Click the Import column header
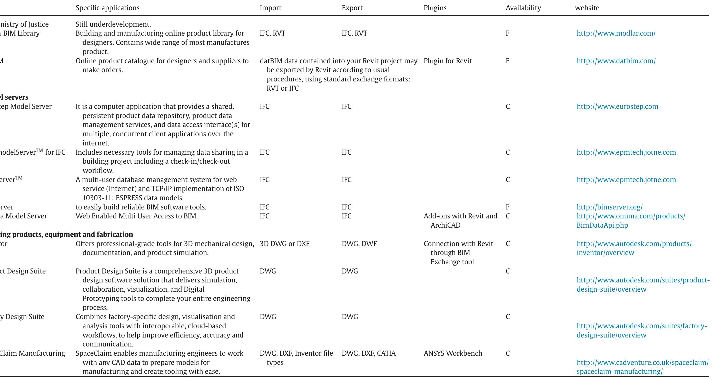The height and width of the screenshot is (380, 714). pyautogui.click(x=270, y=8)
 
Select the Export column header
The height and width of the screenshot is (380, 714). pyautogui.click(x=352, y=8)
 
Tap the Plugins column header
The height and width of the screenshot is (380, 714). pyautogui.click(x=435, y=8)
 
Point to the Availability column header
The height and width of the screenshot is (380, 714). pyautogui.click(x=523, y=8)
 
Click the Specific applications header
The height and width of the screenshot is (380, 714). pyautogui.click(x=107, y=8)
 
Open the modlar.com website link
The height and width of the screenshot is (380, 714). pyautogui.click(x=616, y=33)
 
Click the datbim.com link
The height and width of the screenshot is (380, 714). pyautogui.click(x=616, y=61)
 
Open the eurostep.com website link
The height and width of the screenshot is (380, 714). pyautogui.click(x=617, y=107)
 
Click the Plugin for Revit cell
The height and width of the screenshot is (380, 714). pyautogui.click(x=447, y=61)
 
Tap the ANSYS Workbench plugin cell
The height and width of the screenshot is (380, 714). pyautogui.click(x=453, y=353)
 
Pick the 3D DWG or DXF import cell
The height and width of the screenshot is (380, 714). pyautogui.click(x=284, y=244)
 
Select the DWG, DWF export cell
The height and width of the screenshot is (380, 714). pyautogui.click(x=359, y=244)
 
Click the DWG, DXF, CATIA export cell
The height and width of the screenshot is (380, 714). pyautogui.click(x=368, y=353)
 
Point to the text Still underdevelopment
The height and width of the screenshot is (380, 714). pyautogui.click(x=113, y=24)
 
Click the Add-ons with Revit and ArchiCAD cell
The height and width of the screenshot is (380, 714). pyautogui.click(x=460, y=220)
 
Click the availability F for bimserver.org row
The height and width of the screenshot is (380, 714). pyautogui.click(x=508, y=207)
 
